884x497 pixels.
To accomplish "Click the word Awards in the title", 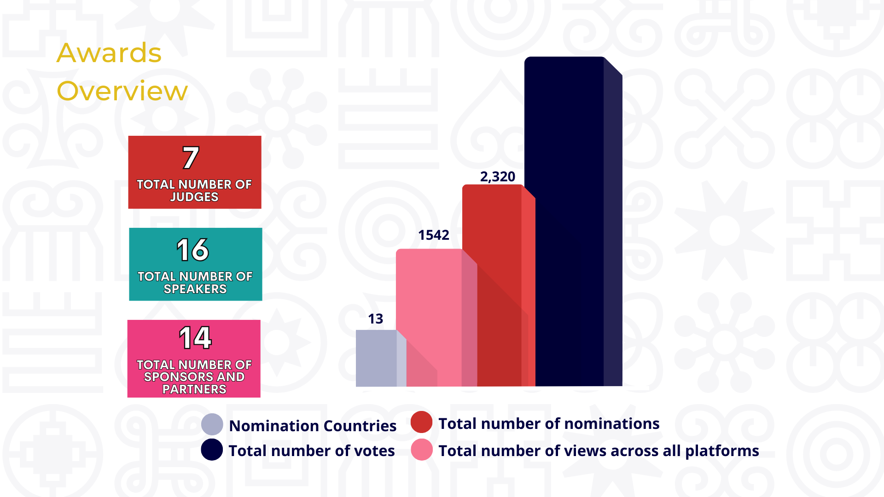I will coord(109,53).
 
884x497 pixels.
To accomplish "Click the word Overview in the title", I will coord(122,91).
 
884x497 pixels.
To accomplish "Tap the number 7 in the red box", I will coord(191,158).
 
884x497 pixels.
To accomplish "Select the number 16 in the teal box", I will coord(193,250).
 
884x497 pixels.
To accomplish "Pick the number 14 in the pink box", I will coord(195,338).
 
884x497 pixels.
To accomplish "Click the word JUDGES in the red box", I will coord(194,197).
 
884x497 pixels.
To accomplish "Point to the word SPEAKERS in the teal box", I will coord(195,289).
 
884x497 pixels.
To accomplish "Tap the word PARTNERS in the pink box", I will coord(194,389).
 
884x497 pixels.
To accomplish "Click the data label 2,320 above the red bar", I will coord(498,177).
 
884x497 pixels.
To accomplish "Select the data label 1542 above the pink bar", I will coord(434,235).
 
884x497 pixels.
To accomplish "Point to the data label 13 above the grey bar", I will coord(376,319).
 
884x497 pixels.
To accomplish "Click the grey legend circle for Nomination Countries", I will coord(212,424).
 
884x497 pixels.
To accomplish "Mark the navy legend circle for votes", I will coord(212,450).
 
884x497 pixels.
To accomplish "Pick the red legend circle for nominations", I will coord(421,422).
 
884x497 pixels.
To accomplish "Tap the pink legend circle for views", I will coord(422,450).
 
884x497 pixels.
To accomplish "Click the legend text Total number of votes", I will coord(312,451).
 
